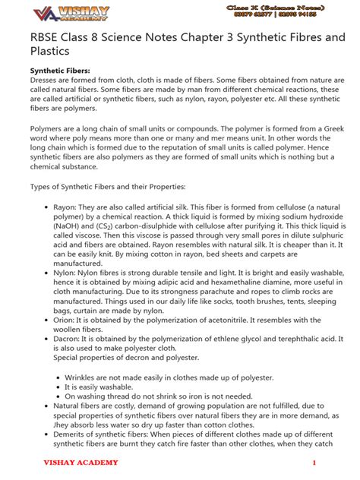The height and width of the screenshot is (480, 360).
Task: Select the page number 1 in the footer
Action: tap(313, 463)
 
